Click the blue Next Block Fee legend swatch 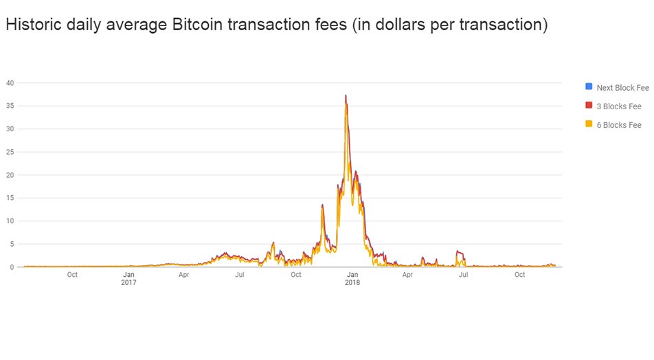(588, 87)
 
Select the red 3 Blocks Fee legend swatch (588, 106)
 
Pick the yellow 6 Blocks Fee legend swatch (588, 124)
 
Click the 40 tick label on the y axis (10, 83)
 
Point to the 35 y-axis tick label (10, 106)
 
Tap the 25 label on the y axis (10, 152)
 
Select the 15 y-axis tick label (10, 198)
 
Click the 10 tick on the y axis (10, 221)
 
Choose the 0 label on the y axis (12, 267)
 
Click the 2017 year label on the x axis (128, 282)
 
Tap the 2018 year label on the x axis (352, 282)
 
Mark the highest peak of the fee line (346, 95)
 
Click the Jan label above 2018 (352, 275)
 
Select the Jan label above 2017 (128, 275)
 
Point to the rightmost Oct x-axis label (519, 275)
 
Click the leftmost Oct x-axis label (72, 275)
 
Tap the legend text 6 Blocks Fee (618, 125)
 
